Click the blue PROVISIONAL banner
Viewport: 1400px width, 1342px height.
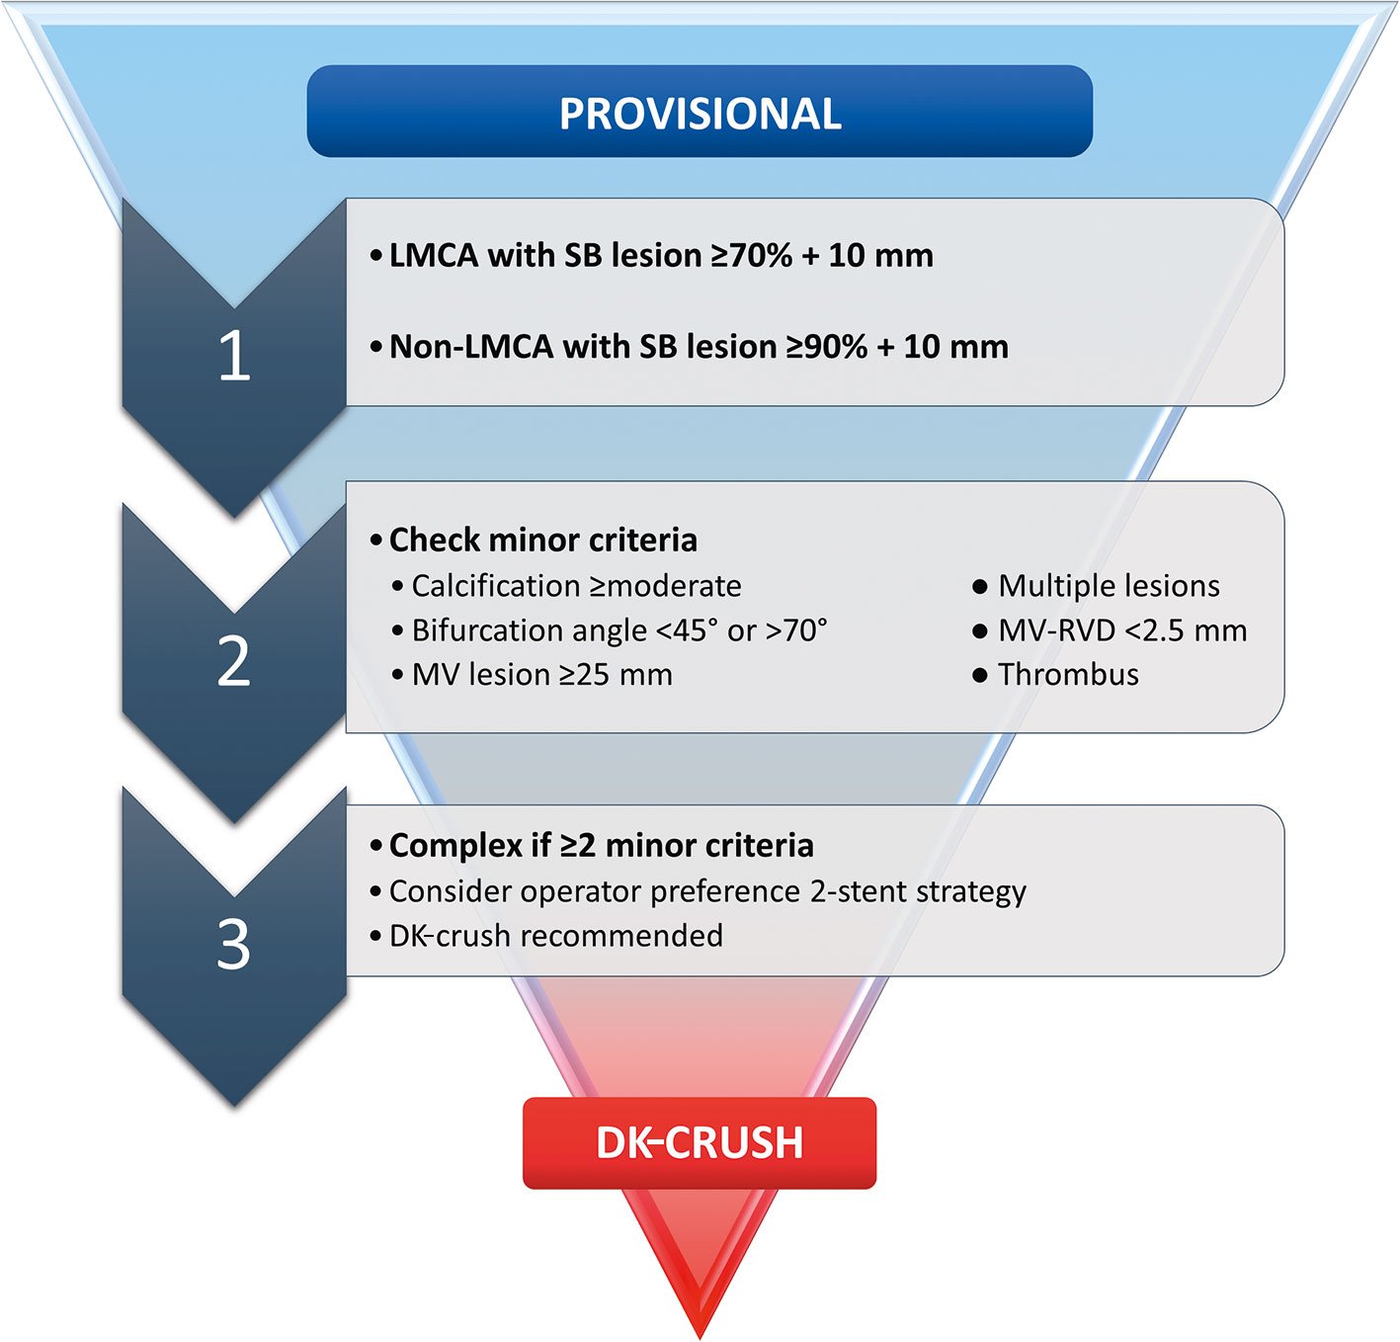(x=700, y=112)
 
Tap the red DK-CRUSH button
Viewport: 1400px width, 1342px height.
(x=700, y=1142)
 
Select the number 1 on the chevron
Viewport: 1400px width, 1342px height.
(x=233, y=356)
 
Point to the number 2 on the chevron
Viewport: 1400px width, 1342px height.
(x=233, y=661)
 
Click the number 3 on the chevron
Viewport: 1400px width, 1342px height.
(x=233, y=944)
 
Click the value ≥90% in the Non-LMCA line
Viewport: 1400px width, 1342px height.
(x=827, y=347)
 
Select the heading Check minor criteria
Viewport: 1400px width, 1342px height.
(x=542, y=541)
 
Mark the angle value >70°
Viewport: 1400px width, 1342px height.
(x=795, y=630)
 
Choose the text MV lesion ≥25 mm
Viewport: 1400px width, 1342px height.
(x=541, y=675)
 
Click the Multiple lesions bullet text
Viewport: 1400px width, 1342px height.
(x=1109, y=586)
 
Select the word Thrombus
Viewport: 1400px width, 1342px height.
(x=1068, y=675)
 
